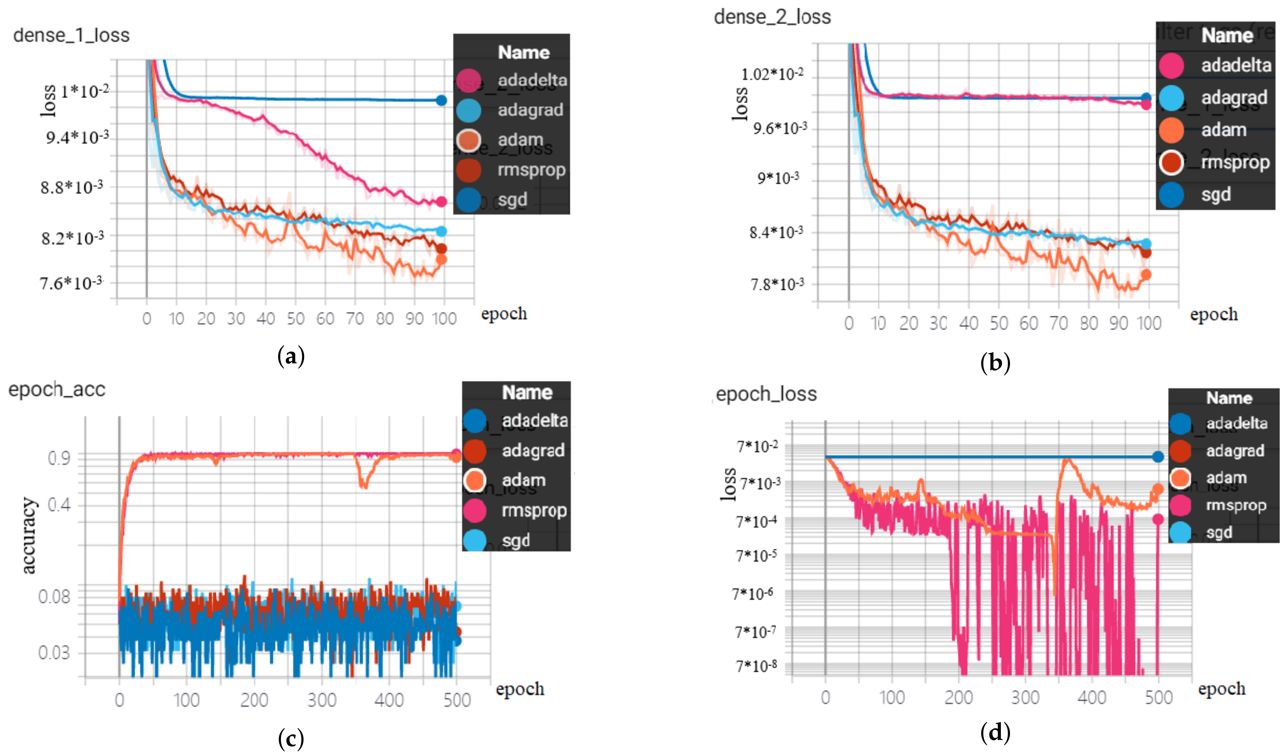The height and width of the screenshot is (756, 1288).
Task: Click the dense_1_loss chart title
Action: coord(72,35)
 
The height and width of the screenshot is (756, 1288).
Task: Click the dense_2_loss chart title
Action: coord(772,17)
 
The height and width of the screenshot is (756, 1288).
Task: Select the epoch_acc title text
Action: coord(57,390)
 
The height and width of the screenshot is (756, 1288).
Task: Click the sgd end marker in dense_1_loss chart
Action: coord(441,100)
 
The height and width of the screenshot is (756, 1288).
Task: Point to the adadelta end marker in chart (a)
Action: coord(441,202)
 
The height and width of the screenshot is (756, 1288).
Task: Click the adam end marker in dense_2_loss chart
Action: coord(1146,275)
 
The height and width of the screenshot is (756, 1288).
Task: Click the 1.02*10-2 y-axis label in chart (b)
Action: coord(772,74)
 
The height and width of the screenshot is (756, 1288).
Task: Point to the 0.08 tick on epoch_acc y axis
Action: coord(54,596)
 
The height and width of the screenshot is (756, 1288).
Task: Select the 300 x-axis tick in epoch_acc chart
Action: coord(322,700)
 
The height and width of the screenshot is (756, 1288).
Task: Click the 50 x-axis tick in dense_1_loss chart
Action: coord(295,319)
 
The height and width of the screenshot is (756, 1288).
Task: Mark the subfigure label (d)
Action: coord(995,732)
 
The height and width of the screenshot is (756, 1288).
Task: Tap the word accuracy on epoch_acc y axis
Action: coord(29,535)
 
